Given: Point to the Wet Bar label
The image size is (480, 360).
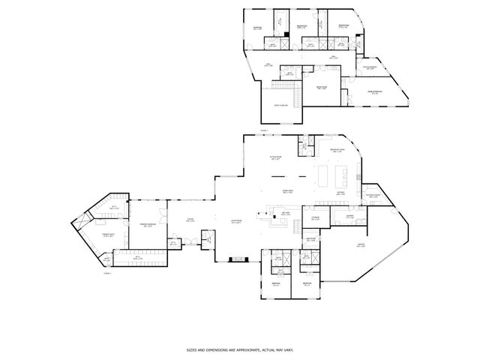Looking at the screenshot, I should [285, 213].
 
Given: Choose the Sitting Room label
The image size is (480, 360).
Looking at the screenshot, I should [274, 157].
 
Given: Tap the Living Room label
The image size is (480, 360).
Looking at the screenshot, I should [235, 220].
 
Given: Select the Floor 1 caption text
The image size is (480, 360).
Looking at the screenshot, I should [106, 274].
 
